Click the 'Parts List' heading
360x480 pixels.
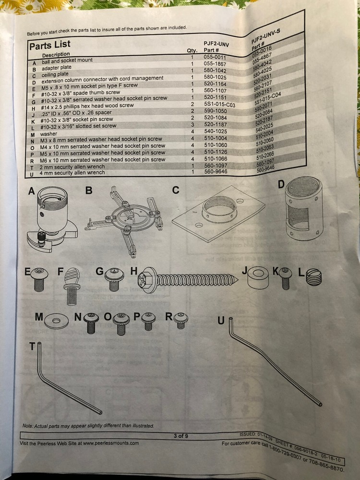[50, 45]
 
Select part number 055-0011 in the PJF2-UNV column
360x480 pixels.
[215, 57]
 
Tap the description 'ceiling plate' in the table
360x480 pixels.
[55, 74]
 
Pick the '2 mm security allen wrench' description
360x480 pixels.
[72, 167]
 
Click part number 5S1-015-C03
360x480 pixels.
[219, 104]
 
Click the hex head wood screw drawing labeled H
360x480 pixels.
[188, 280]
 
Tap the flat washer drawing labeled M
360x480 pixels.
[56, 321]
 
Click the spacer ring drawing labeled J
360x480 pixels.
[258, 277]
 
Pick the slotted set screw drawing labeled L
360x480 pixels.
[314, 277]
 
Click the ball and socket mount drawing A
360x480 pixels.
[52, 218]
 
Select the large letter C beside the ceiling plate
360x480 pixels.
[176, 190]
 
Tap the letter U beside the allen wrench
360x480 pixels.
[221, 321]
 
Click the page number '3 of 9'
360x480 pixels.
[180, 436]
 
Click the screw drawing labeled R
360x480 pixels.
[180, 321]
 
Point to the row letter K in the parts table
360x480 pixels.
[33, 121]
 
